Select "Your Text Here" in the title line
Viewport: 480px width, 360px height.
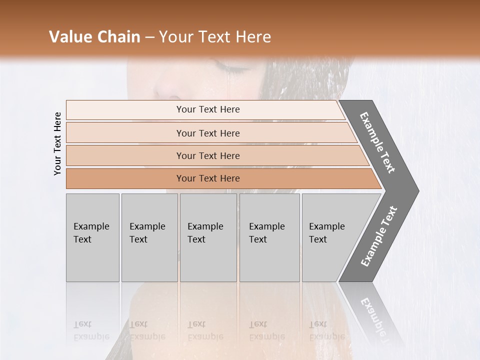click(215, 37)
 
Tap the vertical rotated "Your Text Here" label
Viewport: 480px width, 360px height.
click(57, 143)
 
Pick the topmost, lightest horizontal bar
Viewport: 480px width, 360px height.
click(207, 109)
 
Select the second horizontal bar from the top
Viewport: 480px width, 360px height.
click(207, 133)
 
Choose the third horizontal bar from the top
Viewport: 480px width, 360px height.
click(207, 155)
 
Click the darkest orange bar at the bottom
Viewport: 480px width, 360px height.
click(207, 178)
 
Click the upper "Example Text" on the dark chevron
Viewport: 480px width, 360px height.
click(377, 142)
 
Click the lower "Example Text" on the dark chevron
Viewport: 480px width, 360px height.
click(379, 236)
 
